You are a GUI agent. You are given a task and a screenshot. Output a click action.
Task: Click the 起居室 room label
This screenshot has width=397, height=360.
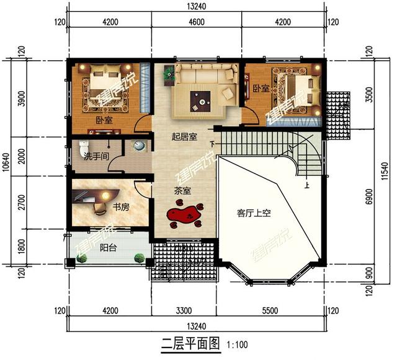pos(184,137)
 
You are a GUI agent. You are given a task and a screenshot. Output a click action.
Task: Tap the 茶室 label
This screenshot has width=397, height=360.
pos(182,191)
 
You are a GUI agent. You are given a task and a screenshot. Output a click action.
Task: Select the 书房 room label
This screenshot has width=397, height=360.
pos(120,207)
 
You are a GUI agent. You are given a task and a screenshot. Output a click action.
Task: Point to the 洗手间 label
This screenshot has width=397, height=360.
pos(96,157)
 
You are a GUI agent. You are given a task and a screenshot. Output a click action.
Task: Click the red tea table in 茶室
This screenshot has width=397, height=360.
pos(185,216)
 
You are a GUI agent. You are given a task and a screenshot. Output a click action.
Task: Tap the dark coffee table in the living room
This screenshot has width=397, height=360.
pos(202,98)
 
